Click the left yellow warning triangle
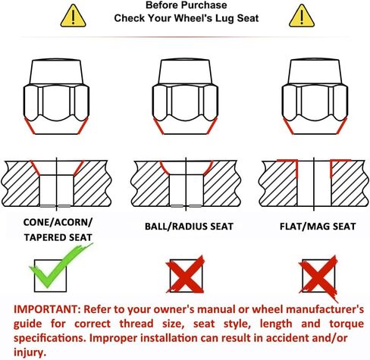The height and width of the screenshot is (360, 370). [73, 17]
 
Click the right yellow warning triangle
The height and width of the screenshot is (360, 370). [302, 17]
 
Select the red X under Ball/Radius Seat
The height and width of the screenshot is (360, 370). [186, 274]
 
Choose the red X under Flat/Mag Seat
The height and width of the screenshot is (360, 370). [319, 277]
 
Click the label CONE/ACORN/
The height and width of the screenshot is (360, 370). [58, 223]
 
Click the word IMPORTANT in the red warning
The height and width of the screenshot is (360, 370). [46, 309]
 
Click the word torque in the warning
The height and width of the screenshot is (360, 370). [346, 324]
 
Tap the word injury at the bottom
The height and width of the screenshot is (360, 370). [30, 352]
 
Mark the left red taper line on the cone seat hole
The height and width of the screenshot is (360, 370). [35, 168]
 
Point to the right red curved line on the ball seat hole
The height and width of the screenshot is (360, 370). [209, 167]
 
